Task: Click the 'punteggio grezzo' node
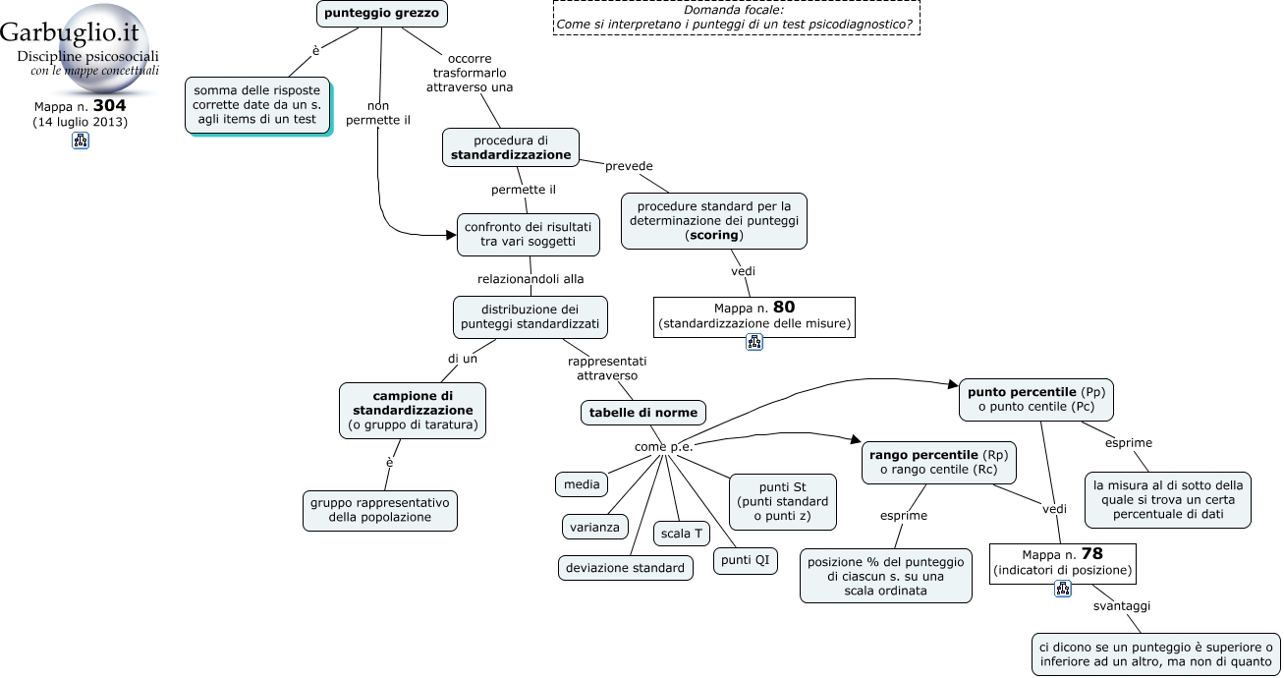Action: [x=382, y=14]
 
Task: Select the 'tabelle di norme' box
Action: [x=643, y=413]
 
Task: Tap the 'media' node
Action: [x=582, y=484]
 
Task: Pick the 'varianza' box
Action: [x=595, y=528]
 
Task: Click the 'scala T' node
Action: [x=682, y=534]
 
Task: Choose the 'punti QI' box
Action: [x=746, y=560]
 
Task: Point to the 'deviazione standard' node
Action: [x=626, y=568]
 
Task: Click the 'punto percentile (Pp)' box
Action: [x=1036, y=400]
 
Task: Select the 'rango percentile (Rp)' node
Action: [x=939, y=463]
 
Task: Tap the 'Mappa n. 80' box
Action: [x=754, y=317]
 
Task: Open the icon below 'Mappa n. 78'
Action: [x=1063, y=589]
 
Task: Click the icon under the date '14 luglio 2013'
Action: [x=81, y=141]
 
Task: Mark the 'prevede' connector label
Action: [x=629, y=166]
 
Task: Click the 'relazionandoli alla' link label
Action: [x=530, y=279]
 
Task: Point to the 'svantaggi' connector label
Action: [x=1122, y=606]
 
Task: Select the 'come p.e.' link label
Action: [x=664, y=446]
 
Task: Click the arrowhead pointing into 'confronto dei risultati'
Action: [x=451, y=235]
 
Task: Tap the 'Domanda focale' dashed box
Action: [x=737, y=18]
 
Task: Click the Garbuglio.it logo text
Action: [x=70, y=32]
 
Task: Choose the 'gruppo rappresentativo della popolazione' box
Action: [x=380, y=511]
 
